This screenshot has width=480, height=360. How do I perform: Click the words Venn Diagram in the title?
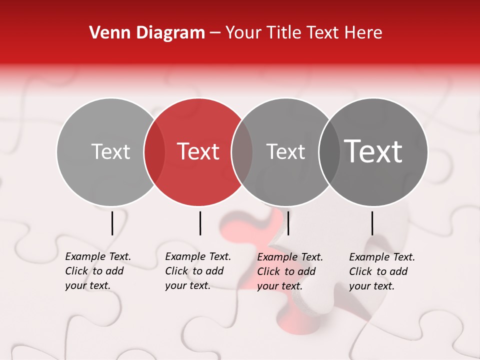click(x=147, y=33)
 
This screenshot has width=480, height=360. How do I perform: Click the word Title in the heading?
click(x=283, y=33)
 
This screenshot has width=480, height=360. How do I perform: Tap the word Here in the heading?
click(x=363, y=33)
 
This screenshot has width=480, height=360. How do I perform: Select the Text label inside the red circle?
click(x=198, y=151)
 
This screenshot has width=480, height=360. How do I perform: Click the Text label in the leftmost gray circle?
click(x=110, y=151)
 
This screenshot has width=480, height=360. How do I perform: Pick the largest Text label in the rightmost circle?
click(x=373, y=151)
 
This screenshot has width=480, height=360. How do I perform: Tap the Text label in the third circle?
click(x=285, y=151)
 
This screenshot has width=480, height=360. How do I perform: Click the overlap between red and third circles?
click(x=242, y=152)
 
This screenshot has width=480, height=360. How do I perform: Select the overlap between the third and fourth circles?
click(x=329, y=152)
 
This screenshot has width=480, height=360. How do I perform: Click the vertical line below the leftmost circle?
click(x=112, y=223)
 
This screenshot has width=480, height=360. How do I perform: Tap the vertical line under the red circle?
click(x=200, y=223)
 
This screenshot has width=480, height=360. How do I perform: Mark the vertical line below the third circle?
click(x=288, y=223)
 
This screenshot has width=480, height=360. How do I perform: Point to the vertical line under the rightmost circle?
click(x=372, y=223)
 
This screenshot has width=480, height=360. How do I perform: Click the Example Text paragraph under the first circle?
click(x=98, y=271)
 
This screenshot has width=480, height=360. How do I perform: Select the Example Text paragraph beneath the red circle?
click(x=198, y=271)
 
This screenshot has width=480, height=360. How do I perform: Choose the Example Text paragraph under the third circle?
click(x=290, y=271)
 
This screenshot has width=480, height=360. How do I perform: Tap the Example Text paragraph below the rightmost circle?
click(x=382, y=271)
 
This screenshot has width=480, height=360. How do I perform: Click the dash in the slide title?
click(x=215, y=33)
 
